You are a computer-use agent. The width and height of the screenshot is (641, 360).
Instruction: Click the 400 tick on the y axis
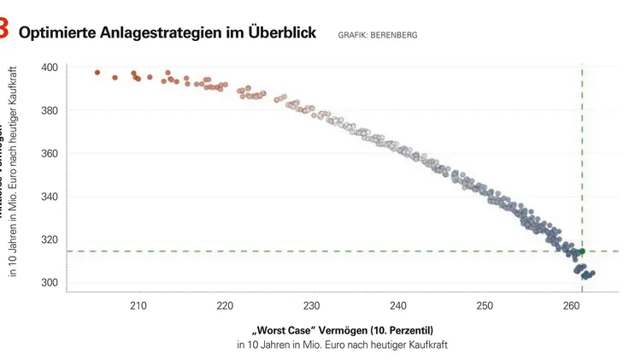click(x=49, y=67)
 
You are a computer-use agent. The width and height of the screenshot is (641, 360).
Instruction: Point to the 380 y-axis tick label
click(x=49, y=110)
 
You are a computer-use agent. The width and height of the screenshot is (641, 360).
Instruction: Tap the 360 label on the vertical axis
click(x=49, y=154)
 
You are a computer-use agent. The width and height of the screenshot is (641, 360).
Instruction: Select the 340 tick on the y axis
click(x=49, y=197)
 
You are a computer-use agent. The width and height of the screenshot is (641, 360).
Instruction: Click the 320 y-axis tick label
click(x=49, y=240)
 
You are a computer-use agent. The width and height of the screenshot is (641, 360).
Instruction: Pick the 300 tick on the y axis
click(x=49, y=283)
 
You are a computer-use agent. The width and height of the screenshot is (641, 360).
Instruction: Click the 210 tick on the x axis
click(x=138, y=305)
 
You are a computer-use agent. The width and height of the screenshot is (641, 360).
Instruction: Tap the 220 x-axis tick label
click(x=225, y=305)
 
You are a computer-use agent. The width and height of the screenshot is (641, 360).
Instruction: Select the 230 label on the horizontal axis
click(x=311, y=305)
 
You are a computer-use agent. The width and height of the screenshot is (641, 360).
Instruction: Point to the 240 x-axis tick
click(x=397, y=305)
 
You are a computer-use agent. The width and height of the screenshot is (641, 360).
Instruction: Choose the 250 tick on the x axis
click(x=485, y=305)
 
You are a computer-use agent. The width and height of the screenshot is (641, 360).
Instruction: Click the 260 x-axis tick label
click(x=571, y=305)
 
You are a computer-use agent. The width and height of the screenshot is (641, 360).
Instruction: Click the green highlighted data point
click(x=582, y=251)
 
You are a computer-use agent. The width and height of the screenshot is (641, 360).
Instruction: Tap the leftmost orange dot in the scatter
click(x=97, y=73)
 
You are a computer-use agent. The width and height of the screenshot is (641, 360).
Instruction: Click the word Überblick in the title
click(x=278, y=33)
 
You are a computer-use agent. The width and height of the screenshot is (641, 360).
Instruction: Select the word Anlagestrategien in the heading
click(x=162, y=33)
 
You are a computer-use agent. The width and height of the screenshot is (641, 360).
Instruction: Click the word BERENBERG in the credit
click(x=395, y=35)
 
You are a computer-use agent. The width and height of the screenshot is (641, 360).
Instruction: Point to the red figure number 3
click(x=4, y=30)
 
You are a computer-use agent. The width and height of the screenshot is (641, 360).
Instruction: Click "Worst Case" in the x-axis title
click(x=284, y=330)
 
